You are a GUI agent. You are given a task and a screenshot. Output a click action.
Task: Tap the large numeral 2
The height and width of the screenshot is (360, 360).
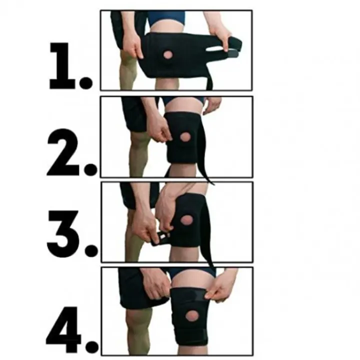click(63, 152)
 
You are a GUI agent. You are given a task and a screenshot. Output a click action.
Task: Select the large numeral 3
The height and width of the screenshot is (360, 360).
click(62, 233)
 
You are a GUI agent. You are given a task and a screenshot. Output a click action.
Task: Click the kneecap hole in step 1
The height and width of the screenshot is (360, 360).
click(168, 55)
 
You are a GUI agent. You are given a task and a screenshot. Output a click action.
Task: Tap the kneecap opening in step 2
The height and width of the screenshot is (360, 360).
click(185, 137)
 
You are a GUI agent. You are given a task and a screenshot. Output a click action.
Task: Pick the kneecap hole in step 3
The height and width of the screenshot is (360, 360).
click(186, 220)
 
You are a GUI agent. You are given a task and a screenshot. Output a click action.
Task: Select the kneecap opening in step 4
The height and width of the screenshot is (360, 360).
click(192, 315)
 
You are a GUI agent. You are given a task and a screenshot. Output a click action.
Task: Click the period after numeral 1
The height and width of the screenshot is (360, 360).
click(85, 83)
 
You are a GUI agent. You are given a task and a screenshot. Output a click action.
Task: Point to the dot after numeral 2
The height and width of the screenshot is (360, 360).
click(90, 169)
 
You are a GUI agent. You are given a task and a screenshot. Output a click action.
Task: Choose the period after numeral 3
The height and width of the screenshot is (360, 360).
click(91, 250)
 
